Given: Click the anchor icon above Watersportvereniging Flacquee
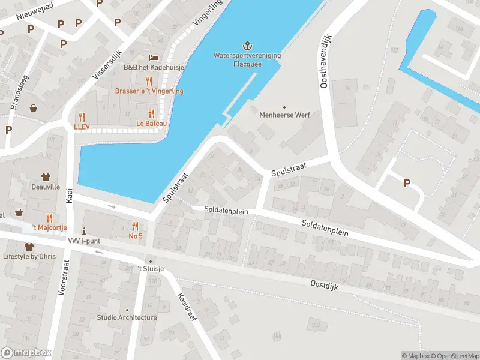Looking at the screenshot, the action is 247,46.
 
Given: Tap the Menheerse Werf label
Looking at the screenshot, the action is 284,115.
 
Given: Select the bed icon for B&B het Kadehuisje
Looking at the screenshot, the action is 155,57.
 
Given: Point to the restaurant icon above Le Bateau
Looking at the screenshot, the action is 151,113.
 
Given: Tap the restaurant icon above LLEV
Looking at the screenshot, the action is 82,117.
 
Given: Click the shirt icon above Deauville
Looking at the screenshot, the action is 46,177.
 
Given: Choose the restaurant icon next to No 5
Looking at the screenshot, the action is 136,226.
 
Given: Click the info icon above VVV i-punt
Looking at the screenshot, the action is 84,230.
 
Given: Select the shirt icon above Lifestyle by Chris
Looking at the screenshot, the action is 28,247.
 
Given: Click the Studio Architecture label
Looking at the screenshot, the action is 127,317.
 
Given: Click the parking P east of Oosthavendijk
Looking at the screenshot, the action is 407,184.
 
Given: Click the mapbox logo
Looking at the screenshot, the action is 26,353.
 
